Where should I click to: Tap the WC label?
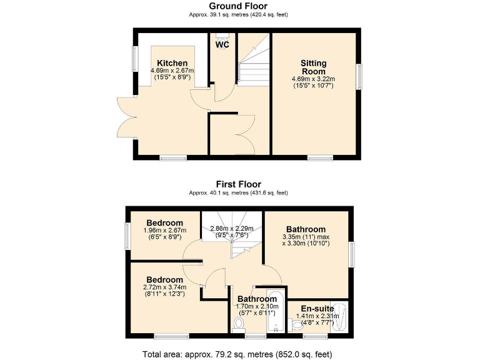point(222,45)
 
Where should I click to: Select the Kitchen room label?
point(172,63)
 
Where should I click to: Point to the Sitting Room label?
point(313,67)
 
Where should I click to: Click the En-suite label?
point(316,308)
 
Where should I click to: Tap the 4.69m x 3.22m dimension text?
point(313,79)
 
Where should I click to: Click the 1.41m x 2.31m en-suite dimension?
point(317,316)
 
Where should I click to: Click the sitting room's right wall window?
point(359,77)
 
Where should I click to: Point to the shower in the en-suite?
point(341,316)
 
